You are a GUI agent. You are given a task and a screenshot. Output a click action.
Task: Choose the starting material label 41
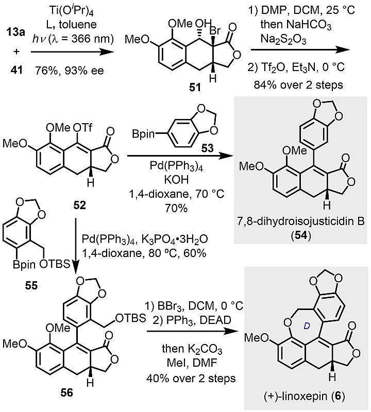[14, 67]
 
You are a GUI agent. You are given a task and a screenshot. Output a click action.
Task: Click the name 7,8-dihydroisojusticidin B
[297, 222]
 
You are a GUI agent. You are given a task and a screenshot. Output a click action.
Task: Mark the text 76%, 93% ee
[70, 67]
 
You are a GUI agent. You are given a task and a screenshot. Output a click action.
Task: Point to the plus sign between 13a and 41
[14, 46]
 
